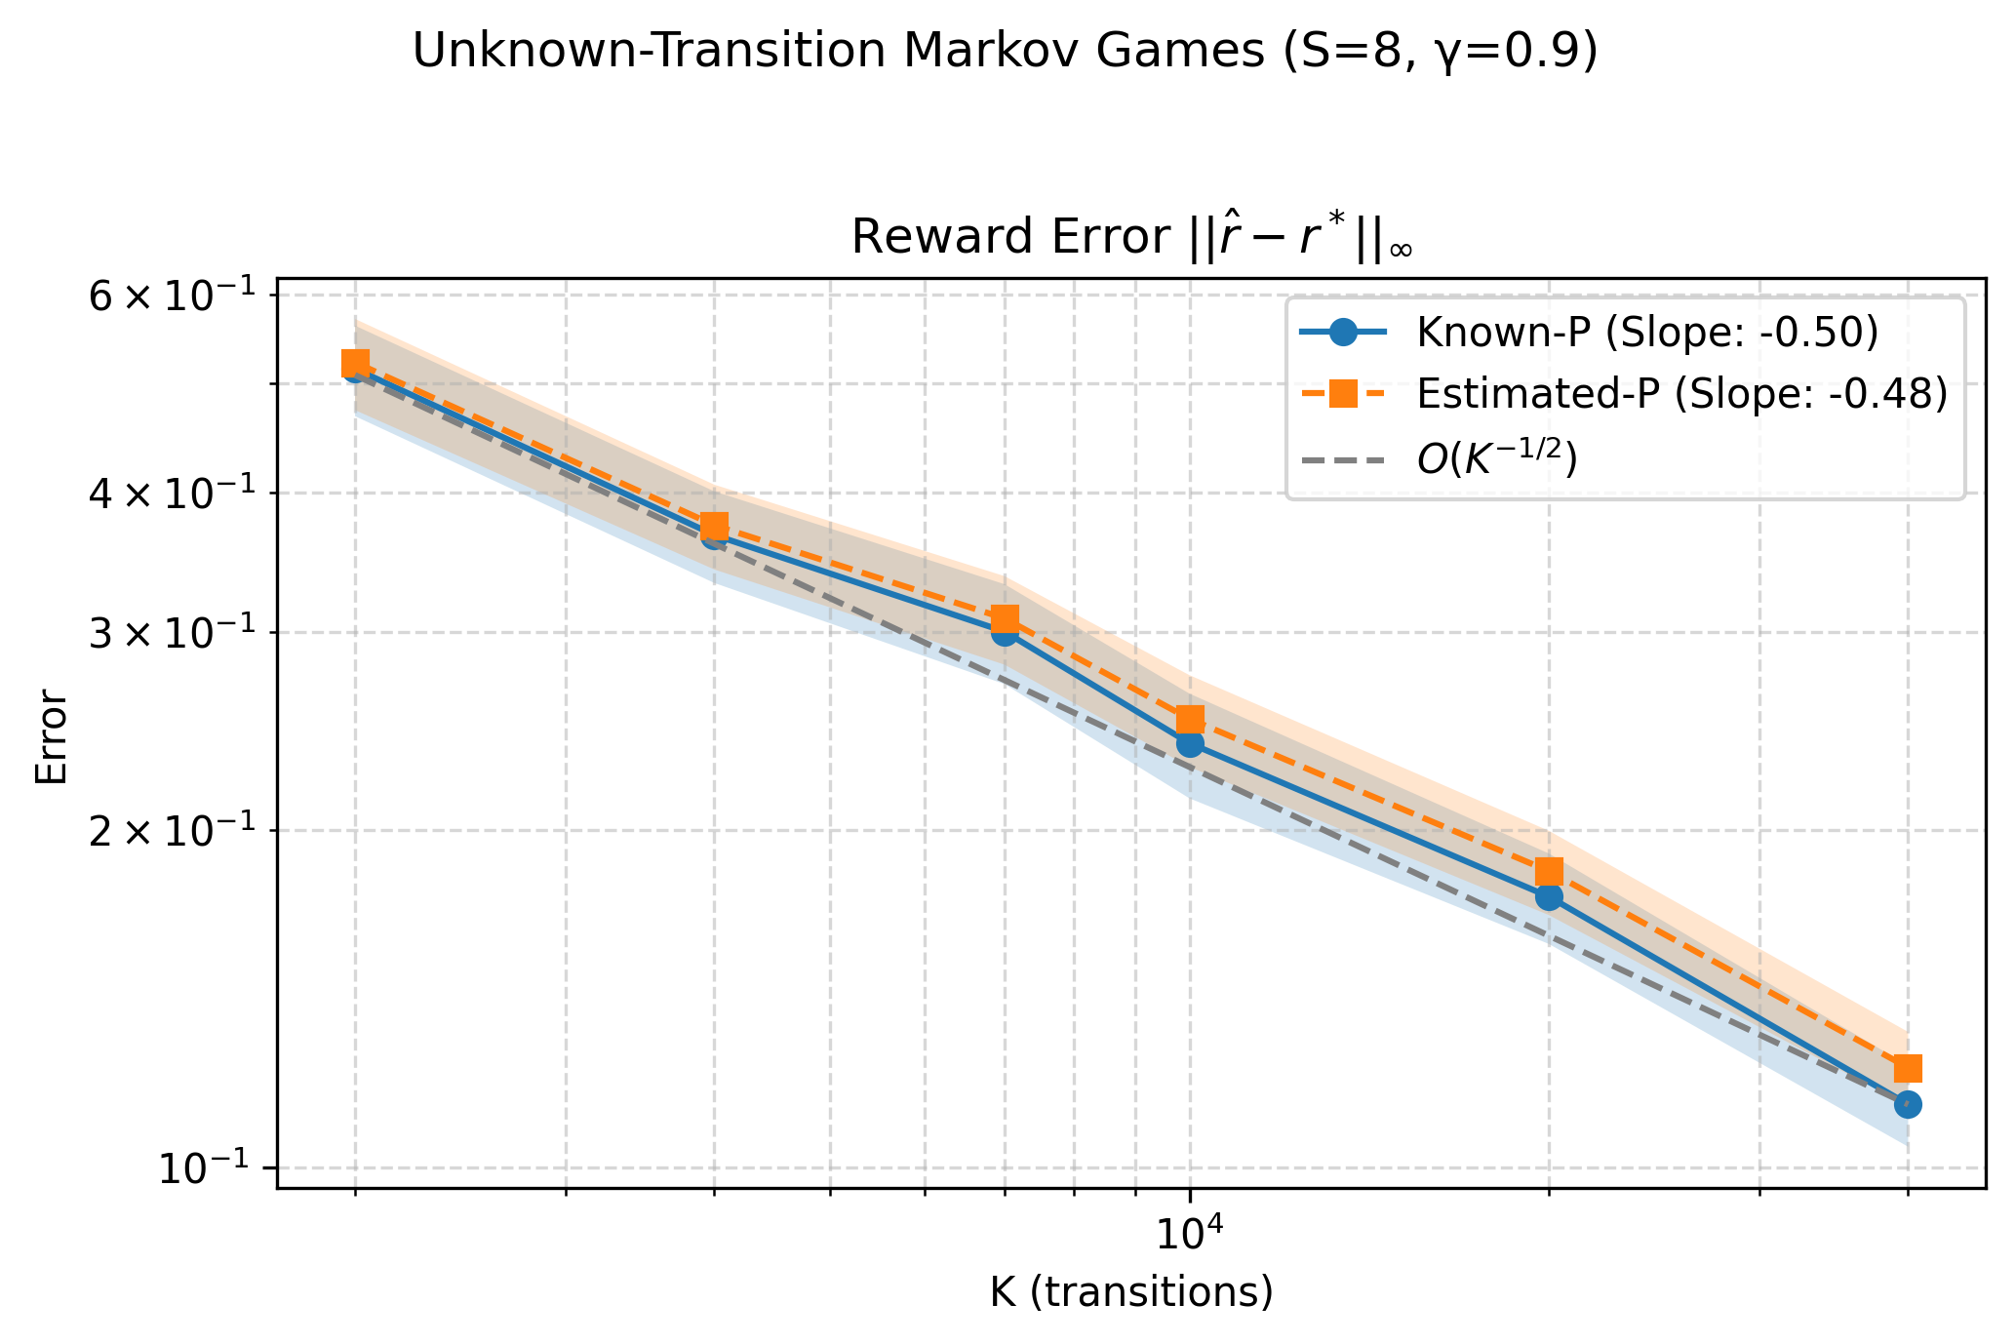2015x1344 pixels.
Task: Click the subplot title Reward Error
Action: point(1131,238)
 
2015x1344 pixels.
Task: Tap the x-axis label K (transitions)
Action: point(1131,1291)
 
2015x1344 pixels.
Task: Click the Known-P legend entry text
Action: point(1647,333)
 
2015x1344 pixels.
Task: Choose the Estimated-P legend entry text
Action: point(1681,394)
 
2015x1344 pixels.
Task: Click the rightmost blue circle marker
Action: point(1908,1104)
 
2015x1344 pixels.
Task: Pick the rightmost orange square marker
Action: point(1908,1068)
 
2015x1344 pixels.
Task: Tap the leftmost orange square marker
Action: point(355,364)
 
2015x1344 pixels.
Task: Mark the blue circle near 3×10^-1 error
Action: point(1005,632)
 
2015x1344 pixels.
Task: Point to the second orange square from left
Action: point(715,527)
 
